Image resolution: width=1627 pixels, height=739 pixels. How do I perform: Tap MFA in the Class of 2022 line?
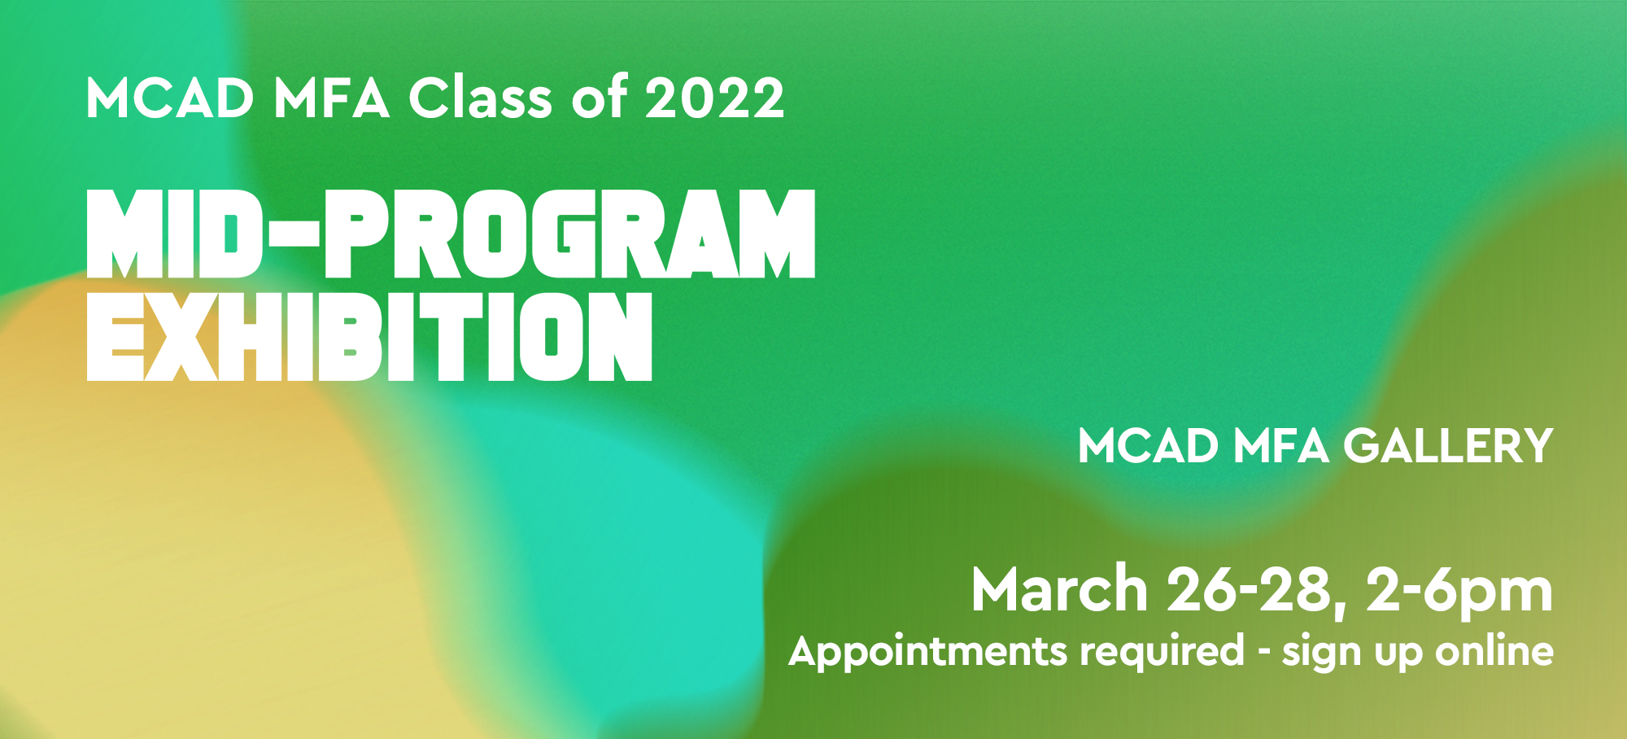point(332,98)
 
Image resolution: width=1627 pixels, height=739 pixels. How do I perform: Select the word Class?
point(481,98)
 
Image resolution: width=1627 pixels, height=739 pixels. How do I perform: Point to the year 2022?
point(715,98)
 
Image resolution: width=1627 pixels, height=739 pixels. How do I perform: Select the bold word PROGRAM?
point(569,234)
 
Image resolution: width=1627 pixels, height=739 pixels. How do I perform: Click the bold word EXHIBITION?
point(369,336)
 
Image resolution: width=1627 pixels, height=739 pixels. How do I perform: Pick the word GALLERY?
point(1448,446)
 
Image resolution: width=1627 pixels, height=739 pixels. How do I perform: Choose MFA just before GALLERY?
point(1281,446)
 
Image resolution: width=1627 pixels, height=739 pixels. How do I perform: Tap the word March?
point(1059,588)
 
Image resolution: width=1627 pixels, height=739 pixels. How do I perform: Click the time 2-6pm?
point(1459,593)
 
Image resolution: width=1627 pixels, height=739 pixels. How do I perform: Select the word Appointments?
point(928,652)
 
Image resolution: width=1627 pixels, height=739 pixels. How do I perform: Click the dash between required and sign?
point(1263,654)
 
